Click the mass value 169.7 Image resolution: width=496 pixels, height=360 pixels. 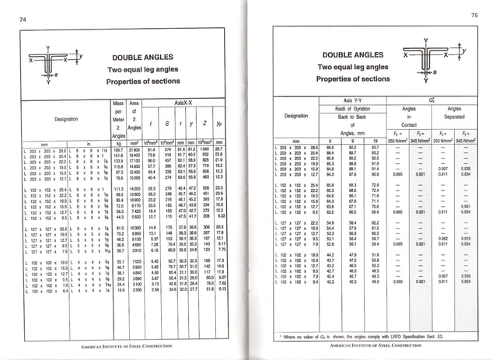[x=119, y=149]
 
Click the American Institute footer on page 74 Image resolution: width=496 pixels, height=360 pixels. [x=125, y=343]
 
